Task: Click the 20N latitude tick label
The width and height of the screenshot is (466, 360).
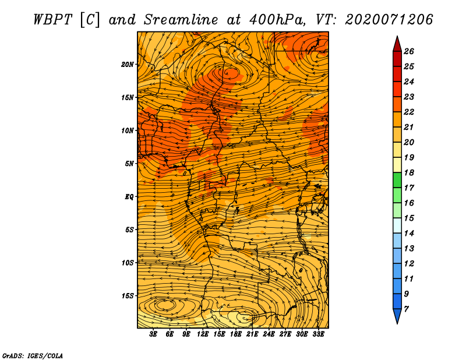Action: pos(127,65)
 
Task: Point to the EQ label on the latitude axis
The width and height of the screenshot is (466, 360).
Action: pos(129,197)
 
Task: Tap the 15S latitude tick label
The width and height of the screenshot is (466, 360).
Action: pos(128,296)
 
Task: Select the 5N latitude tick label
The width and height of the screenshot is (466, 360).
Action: pos(129,164)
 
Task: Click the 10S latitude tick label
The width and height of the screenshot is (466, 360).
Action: pos(128,263)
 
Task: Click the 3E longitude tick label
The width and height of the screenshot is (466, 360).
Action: pos(153,334)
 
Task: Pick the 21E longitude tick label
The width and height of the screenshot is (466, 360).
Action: pos(252,334)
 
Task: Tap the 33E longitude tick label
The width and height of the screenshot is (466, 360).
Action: pos(318,334)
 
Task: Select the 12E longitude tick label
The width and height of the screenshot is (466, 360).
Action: pos(203,334)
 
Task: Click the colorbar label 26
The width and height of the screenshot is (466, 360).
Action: pos(409,51)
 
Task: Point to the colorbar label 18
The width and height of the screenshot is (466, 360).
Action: pos(409,172)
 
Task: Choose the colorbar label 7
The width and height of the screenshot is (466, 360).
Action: pos(406,309)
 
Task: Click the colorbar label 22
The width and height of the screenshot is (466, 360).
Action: pos(409,112)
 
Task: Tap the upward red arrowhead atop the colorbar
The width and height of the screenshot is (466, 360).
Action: pos(397,44)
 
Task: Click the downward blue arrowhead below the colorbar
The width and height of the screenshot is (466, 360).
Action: pos(397,316)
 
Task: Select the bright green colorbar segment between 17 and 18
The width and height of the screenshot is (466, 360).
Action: pos(397,180)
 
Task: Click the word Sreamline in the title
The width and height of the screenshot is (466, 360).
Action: pos(181,20)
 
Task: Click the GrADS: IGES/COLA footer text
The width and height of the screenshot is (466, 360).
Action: pos(33,355)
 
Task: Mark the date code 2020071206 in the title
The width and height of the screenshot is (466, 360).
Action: pos(389,20)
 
